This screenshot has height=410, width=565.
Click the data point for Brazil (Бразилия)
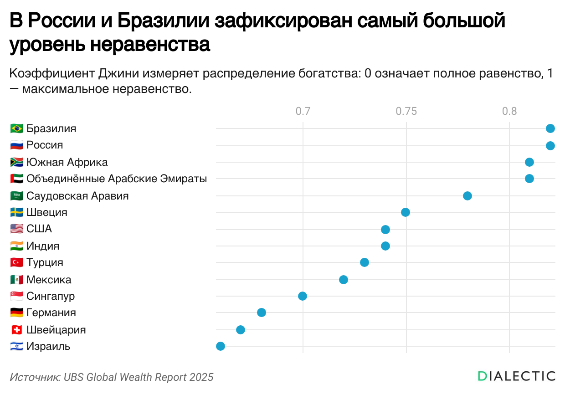coord(550,128)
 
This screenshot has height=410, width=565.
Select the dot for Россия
coord(550,146)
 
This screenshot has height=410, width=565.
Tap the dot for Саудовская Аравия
coord(467,196)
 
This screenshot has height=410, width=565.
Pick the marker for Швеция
coord(406,212)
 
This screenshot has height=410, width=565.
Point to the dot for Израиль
coord(221,346)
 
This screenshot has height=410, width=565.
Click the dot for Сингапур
coord(303,296)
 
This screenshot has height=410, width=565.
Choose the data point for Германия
coord(262,313)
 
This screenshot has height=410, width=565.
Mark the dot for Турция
coord(365,262)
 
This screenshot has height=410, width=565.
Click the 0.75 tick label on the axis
coord(406,111)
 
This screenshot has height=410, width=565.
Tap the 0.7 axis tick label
coord(303,111)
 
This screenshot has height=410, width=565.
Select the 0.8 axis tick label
coord(509,111)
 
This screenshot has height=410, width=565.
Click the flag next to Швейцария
coord(16,330)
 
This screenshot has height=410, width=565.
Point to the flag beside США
coord(16,229)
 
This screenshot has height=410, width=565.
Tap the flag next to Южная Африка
coord(16,162)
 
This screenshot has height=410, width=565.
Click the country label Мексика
coord(49,280)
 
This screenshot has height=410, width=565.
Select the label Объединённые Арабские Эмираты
coord(117,179)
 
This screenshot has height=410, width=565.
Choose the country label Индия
coord(43,246)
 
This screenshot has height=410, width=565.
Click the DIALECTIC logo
coord(516,376)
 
